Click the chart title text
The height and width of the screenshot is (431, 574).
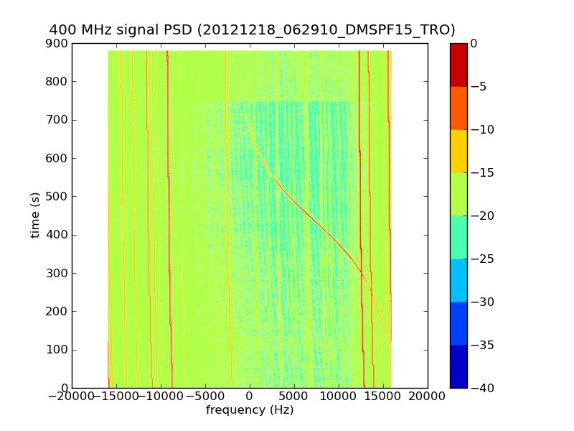coord(252,30)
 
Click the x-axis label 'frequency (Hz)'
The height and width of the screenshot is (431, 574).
coord(250,410)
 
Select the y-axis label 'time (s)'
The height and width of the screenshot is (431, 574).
coord(34,215)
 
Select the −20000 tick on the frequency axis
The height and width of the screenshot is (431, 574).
coord(72,396)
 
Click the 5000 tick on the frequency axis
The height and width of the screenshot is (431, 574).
coord(294,396)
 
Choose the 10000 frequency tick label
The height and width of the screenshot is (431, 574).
coord(339,396)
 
